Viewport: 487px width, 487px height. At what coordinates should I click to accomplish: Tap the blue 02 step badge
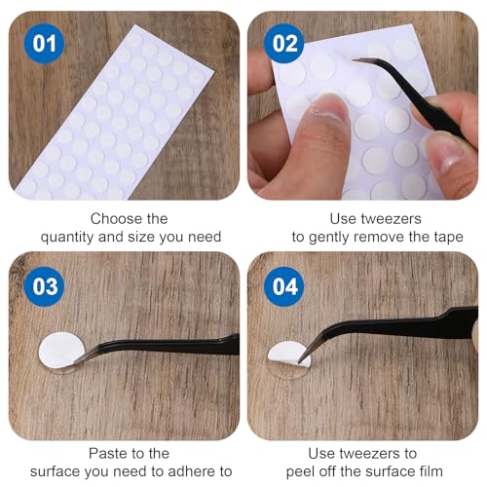tap(284, 44)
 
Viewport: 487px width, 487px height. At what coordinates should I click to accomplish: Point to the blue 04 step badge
tap(284, 286)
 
